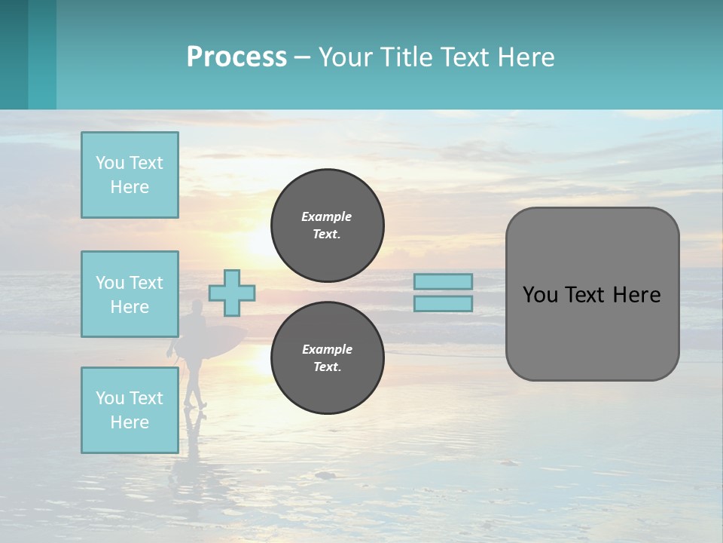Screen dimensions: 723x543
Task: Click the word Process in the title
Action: tap(236, 57)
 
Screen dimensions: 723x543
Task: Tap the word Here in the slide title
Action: tap(524, 57)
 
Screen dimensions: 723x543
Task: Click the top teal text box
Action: tap(130, 175)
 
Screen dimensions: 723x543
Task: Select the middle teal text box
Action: tap(130, 294)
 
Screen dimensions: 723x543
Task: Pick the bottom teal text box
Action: tap(130, 410)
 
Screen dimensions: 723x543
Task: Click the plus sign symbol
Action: tap(232, 293)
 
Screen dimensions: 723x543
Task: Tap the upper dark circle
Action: tap(328, 225)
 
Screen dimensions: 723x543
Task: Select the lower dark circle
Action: tap(328, 358)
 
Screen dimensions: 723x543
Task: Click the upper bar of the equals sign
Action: tap(444, 281)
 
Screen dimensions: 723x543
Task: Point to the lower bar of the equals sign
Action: tap(444, 304)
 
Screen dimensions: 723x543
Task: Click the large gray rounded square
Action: tap(592, 332)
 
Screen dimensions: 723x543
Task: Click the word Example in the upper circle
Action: tap(326, 217)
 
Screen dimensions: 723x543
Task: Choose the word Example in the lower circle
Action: tap(327, 350)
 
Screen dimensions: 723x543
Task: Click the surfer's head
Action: tap(197, 306)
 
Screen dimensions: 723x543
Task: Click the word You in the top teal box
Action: tap(110, 163)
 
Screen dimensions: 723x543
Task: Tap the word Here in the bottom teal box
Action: tap(130, 422)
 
